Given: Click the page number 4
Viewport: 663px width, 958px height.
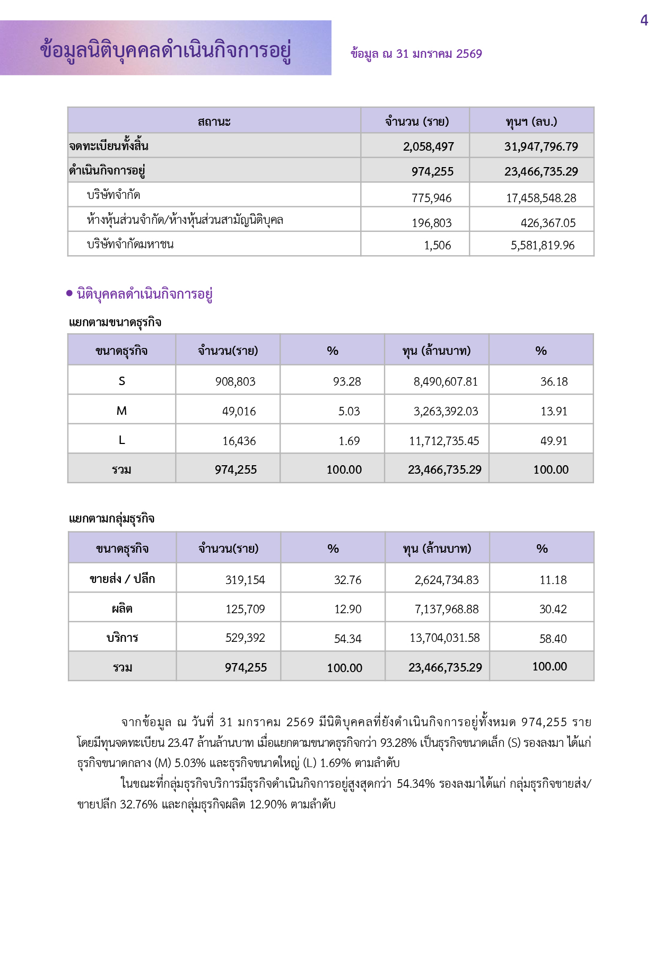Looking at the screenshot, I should pyautogui.click(x=644, y=21).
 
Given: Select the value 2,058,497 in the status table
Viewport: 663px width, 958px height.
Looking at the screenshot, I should pyautogui.click(x=428, y=146).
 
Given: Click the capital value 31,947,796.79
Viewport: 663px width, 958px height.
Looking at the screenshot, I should pyautogui.click(x=541, y=146).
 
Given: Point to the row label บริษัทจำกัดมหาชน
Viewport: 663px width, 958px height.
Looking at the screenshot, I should pyautogui.click(x=130, y=245).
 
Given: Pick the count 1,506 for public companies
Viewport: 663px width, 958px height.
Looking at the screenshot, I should pyautogui.click(x=437, y=245).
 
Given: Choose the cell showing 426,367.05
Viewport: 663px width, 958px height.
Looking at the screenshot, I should pyautogui.click(x=548, y=223).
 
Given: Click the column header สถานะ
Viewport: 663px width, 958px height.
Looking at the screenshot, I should pyautogui.click(x=214, y=121).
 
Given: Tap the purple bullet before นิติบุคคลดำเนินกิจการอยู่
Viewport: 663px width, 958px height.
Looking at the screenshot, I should pyautogui.click(x=69, y=293).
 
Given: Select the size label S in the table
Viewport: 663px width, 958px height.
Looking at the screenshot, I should pyautogui.click(x=121, y=381).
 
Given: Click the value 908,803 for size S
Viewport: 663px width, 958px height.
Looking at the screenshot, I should pyautogui.click(x=235, y=381).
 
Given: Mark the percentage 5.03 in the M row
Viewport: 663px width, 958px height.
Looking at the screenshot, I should pyautogui.click(x=349, y=411).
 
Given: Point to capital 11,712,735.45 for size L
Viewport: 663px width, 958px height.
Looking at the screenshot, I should pyautogui.click(x=444, y=441).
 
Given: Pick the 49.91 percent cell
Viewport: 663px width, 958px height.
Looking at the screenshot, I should pyautogui.click(x=554, y=441).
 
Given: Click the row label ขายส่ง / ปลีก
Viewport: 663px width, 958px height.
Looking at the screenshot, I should pyautogui.click(x=122, y=579).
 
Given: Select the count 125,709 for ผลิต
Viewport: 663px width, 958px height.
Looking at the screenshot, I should pyautogui.click(x=245, y=609).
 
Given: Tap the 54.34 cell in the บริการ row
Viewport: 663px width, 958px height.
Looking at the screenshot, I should pyautogui.click(x=347, y=639).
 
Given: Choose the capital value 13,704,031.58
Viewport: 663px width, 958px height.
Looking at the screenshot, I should pyautogui.click(x=444, y=638).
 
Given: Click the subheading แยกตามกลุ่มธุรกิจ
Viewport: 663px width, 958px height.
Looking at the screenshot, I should pyautogui.click(x=111, y=518).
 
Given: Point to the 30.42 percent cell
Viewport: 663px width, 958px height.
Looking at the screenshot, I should pyautogui.click(x=553, y=609).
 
